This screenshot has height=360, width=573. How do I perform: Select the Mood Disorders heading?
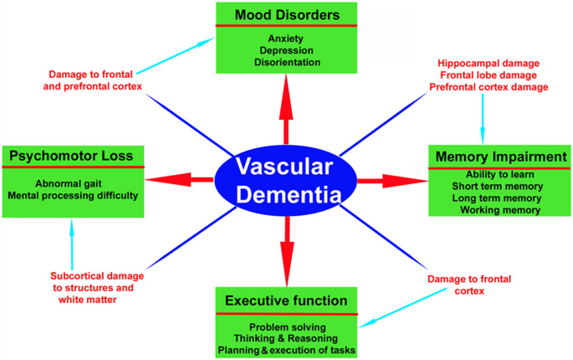286,14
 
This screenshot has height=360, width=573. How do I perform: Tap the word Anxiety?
286,39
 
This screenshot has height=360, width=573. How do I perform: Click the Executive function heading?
286,300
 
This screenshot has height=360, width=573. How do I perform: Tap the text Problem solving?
286,326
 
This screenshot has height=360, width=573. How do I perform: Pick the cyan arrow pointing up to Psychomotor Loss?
73,239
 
